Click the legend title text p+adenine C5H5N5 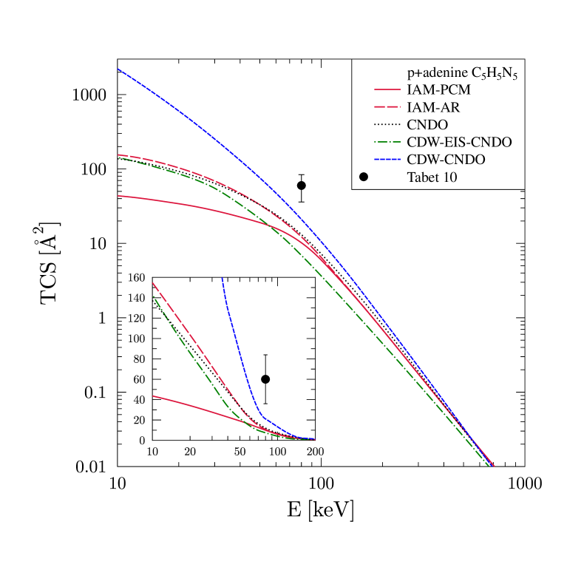tap(461, 74)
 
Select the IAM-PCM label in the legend tap(438, 90)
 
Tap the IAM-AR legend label tap(433, 108)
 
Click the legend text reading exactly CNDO tap(427, 125)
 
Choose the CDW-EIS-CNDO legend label tap(459, 142)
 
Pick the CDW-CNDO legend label tap(446, 160)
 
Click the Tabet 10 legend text tap(432, 177)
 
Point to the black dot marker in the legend tap(364, 177)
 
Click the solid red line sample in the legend tap(387, 90)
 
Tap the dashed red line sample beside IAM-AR tap(387, 108)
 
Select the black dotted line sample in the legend tap(387, 125)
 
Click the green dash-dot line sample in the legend tap(387, 142)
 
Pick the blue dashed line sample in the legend tap(387, 160)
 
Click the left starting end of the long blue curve tap(118, 69)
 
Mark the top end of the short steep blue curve tap(222, 279)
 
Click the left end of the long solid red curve tap(118, 196)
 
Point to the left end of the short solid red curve tap(153, 396)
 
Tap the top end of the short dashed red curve tap(153, 283)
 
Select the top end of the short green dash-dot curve tap(153, 296)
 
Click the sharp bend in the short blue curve tap(259, 415)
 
